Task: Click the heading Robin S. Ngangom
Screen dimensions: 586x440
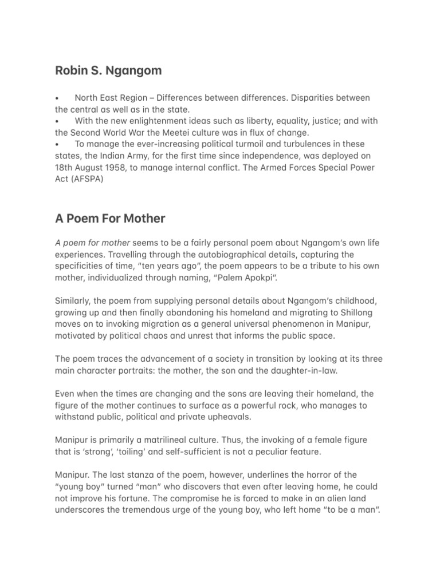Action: pos(108,71)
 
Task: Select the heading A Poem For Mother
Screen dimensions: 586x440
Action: pos(110,218)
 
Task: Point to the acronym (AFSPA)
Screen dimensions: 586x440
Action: pos(86,178)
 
